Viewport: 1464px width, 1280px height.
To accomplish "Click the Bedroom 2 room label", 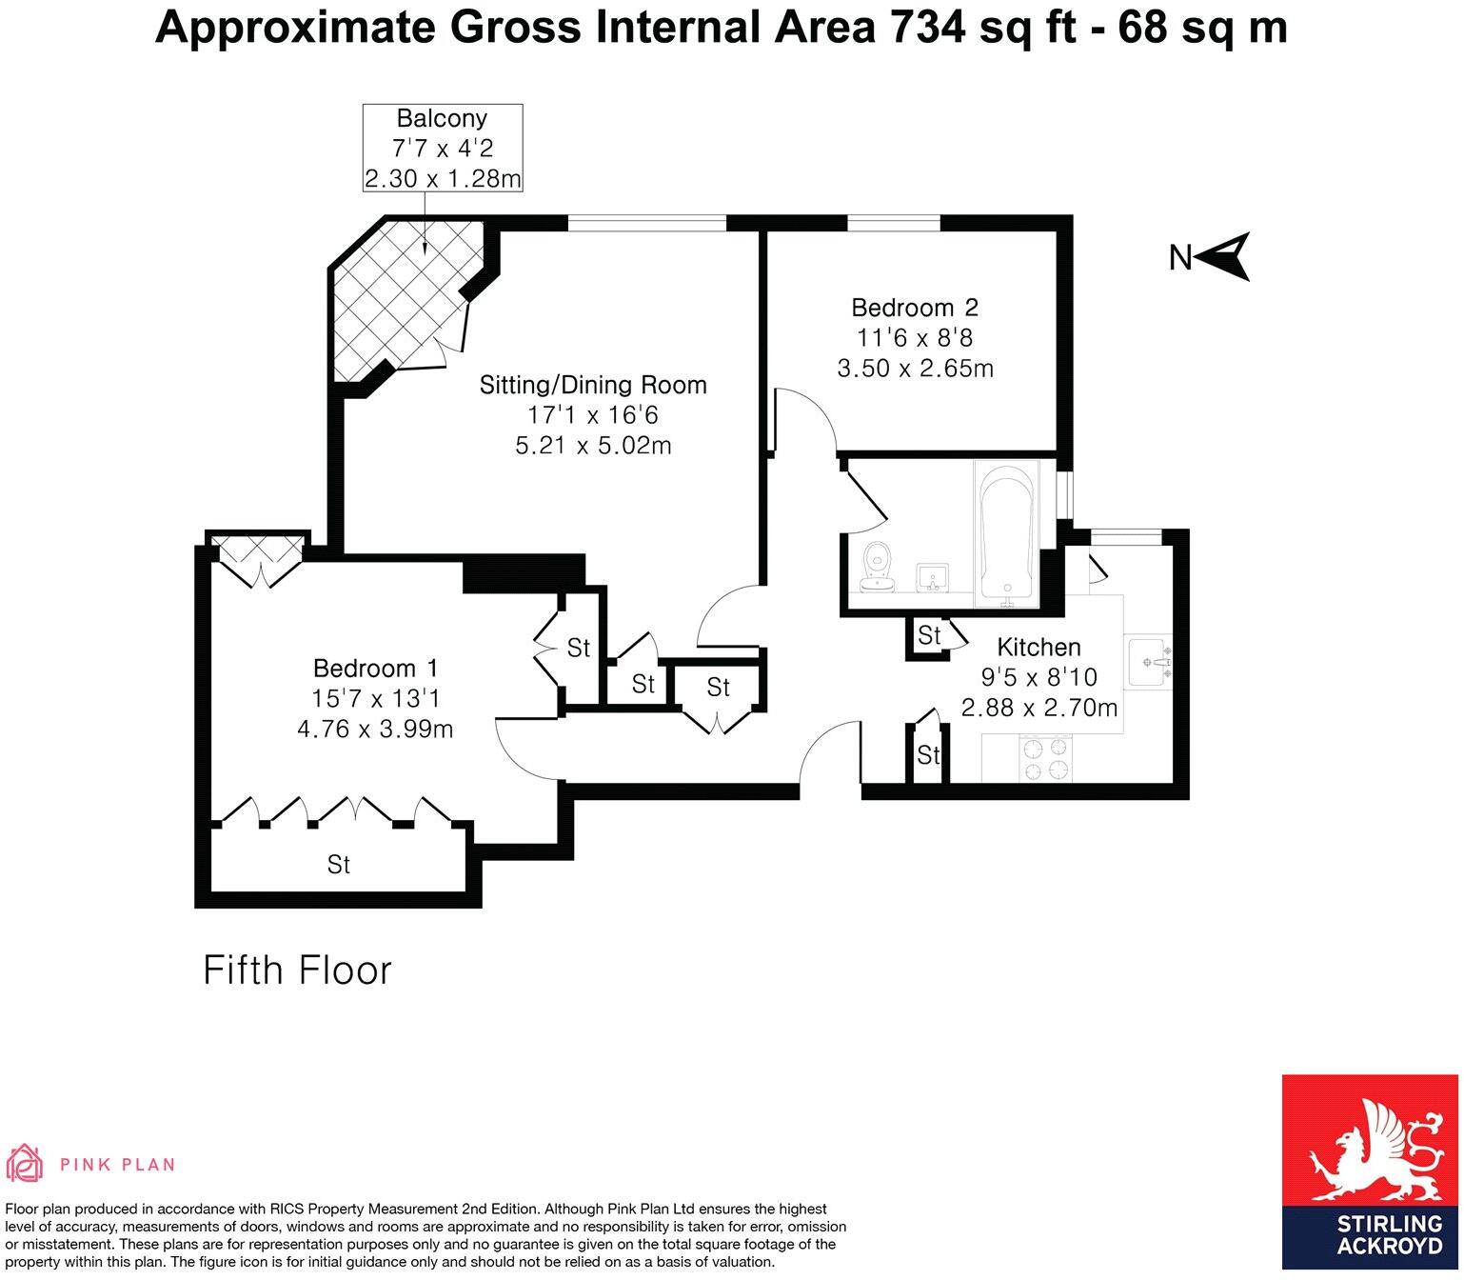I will (914, 308).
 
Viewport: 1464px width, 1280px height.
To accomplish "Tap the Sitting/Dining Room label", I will (592, 385).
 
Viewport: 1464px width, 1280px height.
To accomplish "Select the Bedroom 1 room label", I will (375, 669).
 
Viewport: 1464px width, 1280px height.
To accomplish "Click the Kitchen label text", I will (1038, 648).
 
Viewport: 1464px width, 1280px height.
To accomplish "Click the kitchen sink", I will (1151, 662).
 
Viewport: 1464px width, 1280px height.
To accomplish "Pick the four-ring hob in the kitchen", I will (1045, 759).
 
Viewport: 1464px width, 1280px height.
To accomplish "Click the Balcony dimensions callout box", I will (442, 149).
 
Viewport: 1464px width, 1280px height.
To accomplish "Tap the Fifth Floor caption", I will (297, 970).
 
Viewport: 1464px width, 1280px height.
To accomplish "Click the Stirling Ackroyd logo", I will (1369, 1175).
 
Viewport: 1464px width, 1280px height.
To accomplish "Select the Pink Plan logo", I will (91, 1163).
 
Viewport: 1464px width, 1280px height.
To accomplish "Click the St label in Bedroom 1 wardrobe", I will (338, 864).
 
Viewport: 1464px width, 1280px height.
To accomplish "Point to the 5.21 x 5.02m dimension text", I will (592, 445).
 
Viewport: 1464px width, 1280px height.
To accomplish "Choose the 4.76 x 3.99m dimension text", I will (375, 730).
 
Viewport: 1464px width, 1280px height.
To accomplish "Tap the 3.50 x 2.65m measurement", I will (914, 369).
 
